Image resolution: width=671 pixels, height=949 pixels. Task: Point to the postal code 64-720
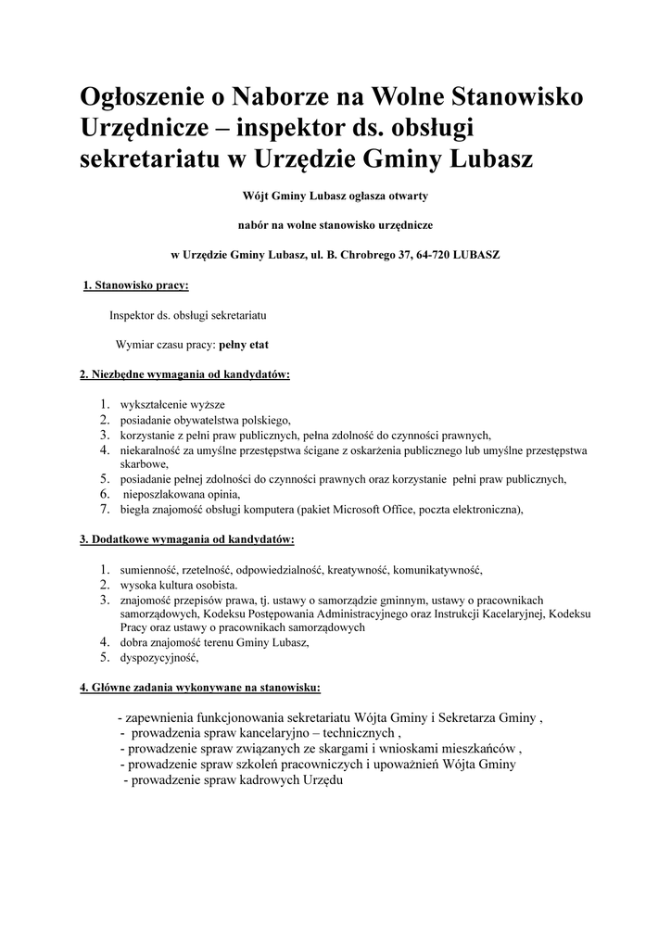(x=434, y=254)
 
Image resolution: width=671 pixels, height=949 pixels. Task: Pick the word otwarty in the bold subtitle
(x=405, y=196)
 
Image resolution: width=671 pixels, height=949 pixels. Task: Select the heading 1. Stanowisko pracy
(x=136, y=285)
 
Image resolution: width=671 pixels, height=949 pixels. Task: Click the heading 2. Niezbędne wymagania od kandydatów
(x=184, y=374)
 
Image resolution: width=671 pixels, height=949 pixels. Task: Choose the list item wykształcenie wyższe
(x=172, y=405)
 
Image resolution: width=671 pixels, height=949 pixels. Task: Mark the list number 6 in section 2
(x=105, y=494)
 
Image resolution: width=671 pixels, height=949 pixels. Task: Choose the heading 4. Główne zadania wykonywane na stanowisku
(x=200, y=688)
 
